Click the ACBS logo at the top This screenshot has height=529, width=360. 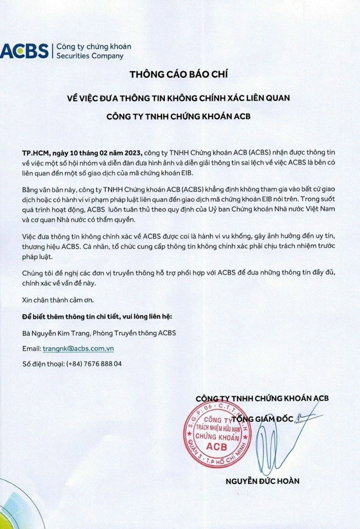[x=25, y=51]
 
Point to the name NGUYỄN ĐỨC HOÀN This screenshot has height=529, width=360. [x=262, y=481]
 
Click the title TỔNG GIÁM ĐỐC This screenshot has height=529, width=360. [x=264, y=417]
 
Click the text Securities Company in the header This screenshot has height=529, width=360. [x=89, y=56]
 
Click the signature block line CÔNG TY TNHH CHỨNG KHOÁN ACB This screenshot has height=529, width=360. [x=262, y=399]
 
